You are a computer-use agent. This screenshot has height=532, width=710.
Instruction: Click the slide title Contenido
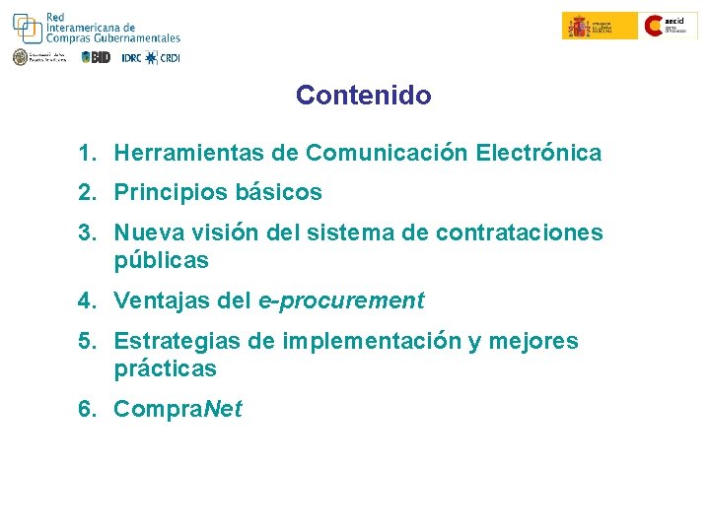[363, 96]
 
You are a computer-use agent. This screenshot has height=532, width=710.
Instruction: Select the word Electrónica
[538, 154]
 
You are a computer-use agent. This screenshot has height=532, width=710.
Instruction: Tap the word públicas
[162, 261]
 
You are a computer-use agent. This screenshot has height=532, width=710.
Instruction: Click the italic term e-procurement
[341, 300]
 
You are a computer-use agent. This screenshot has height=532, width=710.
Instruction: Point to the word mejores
[533, 342]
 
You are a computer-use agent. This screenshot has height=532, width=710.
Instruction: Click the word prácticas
[166, 370]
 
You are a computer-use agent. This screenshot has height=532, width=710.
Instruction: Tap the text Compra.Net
[177, 409]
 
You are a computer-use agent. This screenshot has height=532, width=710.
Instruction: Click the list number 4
[87, 300]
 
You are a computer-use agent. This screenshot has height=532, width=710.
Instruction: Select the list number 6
[87, 409]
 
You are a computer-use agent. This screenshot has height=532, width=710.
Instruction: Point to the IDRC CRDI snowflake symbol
[151, 57]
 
